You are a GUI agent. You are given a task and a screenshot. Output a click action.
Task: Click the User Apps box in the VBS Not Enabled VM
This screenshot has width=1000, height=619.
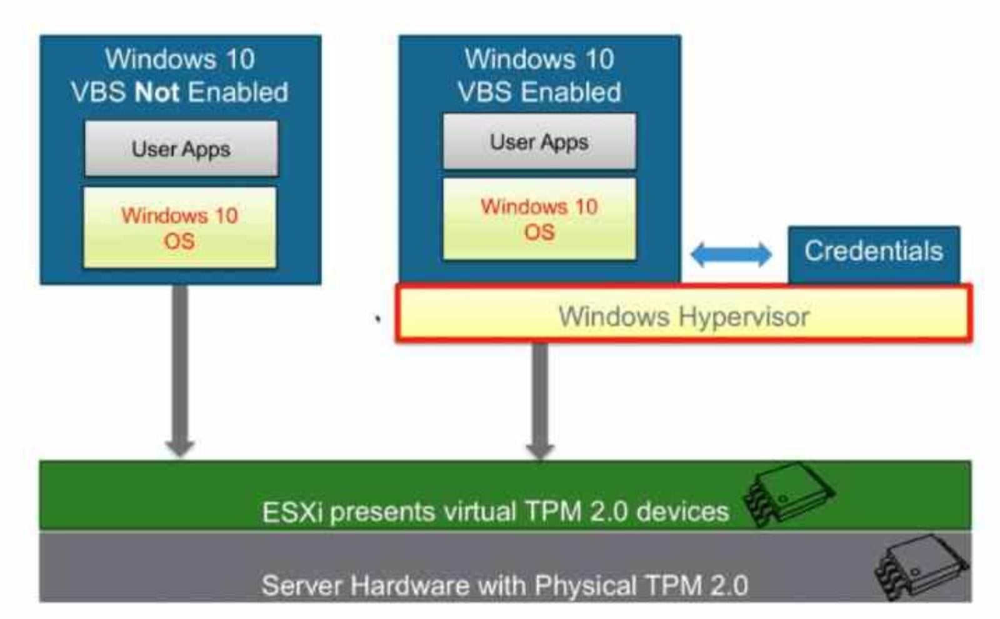181,149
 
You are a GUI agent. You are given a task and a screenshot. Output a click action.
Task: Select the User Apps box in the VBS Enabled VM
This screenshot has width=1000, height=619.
539,142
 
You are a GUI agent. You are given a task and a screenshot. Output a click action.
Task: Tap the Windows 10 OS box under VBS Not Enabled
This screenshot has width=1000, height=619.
180,228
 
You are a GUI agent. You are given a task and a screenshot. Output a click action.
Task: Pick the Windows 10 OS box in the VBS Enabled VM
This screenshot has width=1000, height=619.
539,219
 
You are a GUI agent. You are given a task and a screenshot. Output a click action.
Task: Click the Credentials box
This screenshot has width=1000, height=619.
873,251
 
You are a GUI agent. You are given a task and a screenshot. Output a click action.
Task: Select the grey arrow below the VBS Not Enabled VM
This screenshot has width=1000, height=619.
180,369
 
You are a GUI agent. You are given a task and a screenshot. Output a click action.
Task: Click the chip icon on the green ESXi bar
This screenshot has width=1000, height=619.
789,493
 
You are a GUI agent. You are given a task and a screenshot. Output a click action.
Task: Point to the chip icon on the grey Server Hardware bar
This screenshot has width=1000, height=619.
921,565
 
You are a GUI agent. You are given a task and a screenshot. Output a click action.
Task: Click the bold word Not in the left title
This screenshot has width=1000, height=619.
157,92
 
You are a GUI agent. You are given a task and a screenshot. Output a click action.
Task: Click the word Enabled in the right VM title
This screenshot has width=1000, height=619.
571,92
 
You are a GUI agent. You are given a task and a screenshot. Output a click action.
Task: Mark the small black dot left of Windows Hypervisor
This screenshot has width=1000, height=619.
377,319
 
